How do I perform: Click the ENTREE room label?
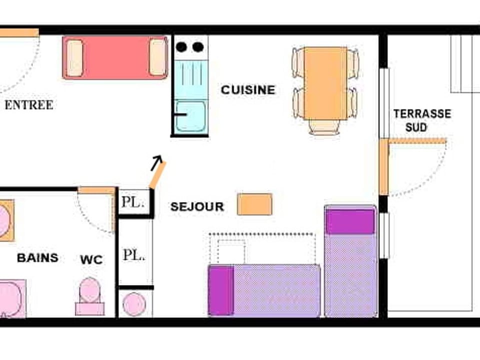[x=28, y=105]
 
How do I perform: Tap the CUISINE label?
[x=248, y=90]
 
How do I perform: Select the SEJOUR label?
[x=197, y=207]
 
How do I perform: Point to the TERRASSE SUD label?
[x=421, y=120]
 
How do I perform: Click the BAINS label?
[x=37, y=258]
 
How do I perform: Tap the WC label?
[x=91, y=259]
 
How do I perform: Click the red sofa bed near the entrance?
[x=115, y=57]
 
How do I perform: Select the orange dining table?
[x=325, y=83]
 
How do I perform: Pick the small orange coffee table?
[x=254, y=204]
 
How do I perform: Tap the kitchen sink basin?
[x=190, y=116]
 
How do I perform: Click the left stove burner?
[x=181, y=47]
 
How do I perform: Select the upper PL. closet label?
[x=133, y=203]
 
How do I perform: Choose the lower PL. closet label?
[x=134, y=255]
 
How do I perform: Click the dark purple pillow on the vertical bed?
[x=350, y=221]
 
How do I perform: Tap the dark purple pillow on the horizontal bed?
[x=220, y=290]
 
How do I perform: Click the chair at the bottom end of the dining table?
[x=323, y=127]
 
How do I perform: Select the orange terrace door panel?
[x=383, y=167]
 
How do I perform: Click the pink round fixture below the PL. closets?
[x=134, y=304]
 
